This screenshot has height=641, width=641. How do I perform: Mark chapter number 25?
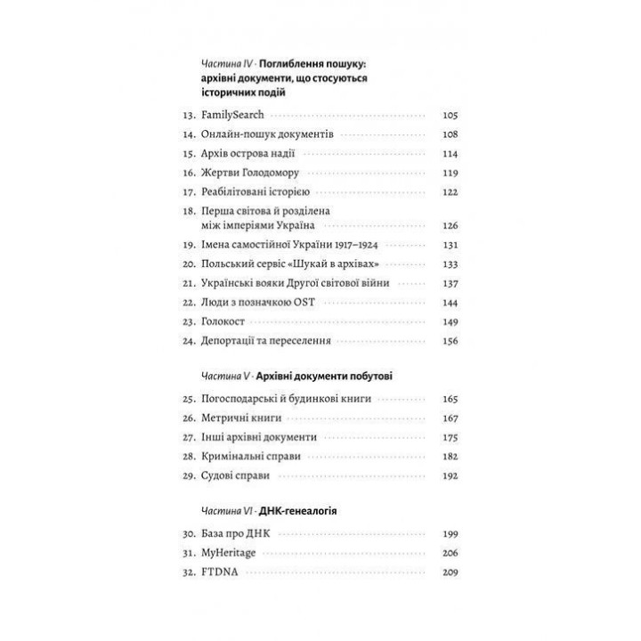point(188,399)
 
